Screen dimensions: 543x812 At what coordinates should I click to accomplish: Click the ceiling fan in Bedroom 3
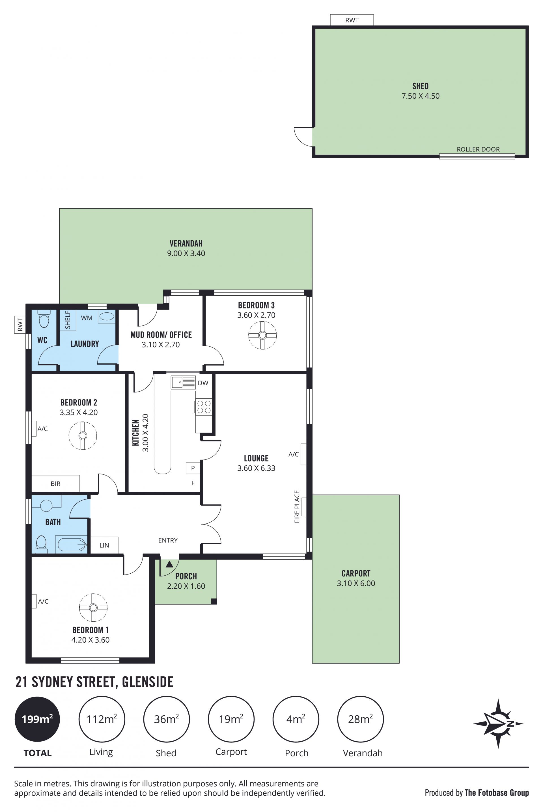coord(262,335)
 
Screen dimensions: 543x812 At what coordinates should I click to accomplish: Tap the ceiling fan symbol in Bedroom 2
coord(83,436)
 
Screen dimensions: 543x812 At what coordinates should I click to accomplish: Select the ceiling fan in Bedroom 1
coord(93,607)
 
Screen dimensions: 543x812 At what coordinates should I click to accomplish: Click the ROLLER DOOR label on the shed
coord(478,150)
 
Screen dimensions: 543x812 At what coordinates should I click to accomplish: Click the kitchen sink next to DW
coord(183,382)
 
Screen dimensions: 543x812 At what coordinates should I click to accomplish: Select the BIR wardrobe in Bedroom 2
coord(56,483)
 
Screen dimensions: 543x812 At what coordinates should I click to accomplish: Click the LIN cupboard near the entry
coord(104,545)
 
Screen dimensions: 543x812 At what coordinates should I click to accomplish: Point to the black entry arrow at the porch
coord(169,565)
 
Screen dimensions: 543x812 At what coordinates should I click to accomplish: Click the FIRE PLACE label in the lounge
coord(297,506)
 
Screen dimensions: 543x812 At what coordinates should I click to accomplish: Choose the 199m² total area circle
coord(37,719)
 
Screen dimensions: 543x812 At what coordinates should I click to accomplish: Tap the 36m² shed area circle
coord(167,719)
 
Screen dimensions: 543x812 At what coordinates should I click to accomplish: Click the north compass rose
coord(498,724)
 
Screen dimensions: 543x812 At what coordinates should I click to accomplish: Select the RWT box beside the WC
coord(20,325)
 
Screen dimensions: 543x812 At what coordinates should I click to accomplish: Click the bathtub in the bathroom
coord(72,545)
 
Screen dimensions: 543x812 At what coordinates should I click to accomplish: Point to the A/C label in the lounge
coord(294,454)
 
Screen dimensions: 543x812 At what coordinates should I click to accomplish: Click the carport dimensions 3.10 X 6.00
coord(356,583)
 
